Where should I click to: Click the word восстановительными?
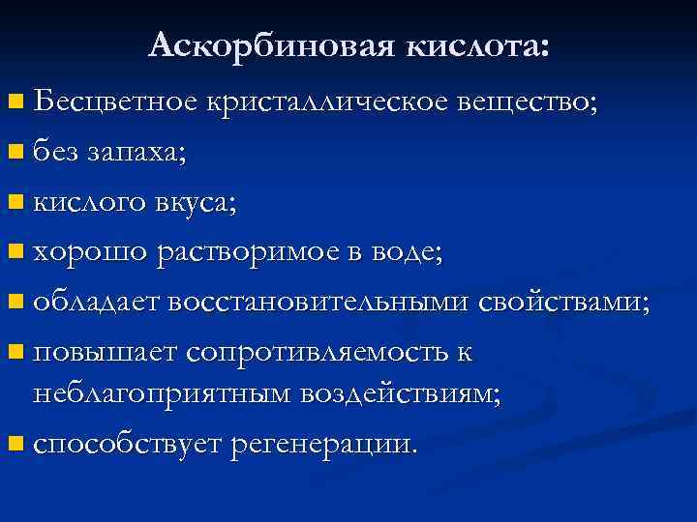pos(320,303)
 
